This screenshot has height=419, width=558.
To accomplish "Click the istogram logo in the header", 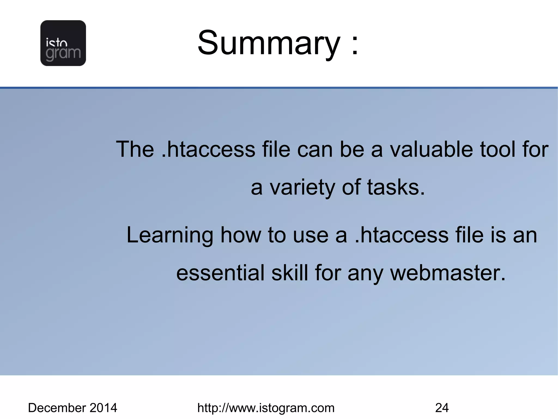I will [63, 43].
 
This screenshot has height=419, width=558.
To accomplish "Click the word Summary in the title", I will [269, 43].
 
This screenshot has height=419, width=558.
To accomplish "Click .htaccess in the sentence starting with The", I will [208, 149].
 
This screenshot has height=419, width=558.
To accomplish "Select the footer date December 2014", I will [72, 408].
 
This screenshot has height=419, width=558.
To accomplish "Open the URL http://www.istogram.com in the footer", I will [266, 408].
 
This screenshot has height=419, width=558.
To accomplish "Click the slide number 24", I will [442, 408].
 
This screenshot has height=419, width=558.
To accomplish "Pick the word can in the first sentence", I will [315, 150].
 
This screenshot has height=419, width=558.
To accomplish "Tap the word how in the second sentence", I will [241, 235].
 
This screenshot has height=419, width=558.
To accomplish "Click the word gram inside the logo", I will [63, 54].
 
